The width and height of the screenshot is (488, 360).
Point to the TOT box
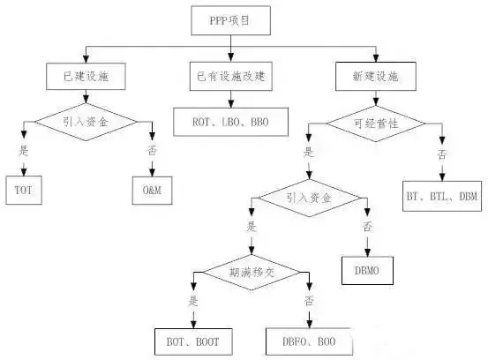(x=23, y=189)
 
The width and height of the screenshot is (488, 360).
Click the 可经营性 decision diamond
(x=375, y=123)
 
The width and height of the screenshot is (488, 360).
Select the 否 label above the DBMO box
(x=364, y=226)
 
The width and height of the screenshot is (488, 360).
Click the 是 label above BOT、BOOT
(x=191, y=300)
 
